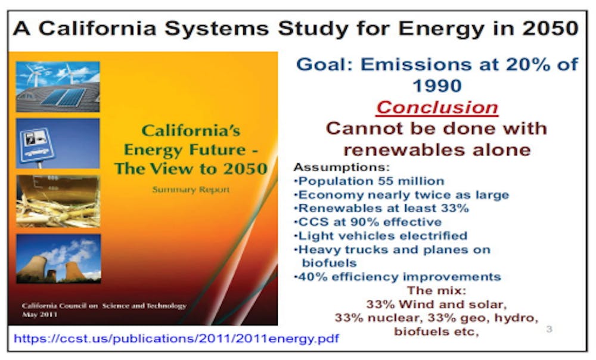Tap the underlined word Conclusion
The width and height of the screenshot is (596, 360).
coord(437,107)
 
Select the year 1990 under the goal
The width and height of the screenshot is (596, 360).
coord(437,86)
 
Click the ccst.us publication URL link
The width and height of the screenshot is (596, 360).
coord(176,339)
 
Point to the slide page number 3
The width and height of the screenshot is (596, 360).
coord(549,329)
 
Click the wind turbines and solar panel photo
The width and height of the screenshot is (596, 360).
coord(58,86)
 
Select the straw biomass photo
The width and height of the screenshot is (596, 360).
coord(58,201)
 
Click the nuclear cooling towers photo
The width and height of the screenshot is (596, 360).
coord(58,259)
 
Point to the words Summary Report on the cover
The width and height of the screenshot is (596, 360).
coord(191,190)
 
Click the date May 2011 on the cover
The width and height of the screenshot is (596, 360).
coord(39,314)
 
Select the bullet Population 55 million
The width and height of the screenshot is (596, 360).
coord(370,181)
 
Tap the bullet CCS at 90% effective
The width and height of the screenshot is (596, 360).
coord(368,222)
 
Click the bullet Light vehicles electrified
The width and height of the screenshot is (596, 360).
coord(380,235)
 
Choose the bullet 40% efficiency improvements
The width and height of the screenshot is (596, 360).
coord(397,277)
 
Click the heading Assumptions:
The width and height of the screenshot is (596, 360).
coord(342,167)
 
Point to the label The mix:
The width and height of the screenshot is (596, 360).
coord(437,290)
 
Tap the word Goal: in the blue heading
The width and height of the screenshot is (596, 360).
coord(325,64)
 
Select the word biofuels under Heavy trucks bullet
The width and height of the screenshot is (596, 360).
coord(329,263)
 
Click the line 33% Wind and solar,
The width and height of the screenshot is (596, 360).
coord(436,305)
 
